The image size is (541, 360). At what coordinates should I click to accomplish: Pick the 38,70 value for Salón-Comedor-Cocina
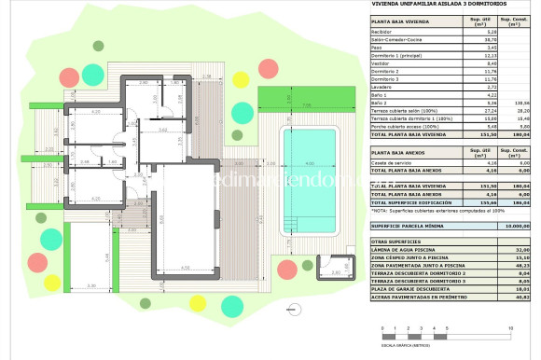point(476,38)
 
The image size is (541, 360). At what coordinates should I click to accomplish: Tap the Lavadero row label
point(383,87)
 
